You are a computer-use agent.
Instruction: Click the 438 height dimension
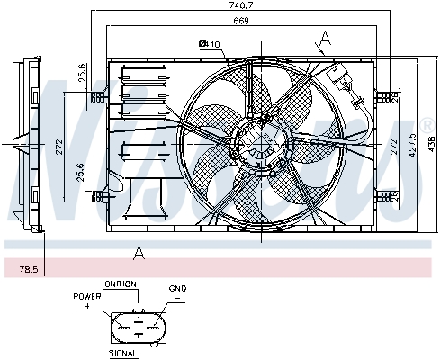pos(431,143)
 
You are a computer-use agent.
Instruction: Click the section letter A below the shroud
pos(139,252)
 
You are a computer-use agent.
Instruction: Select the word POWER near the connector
pos(88,294)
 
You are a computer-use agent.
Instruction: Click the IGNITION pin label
pos(119,283)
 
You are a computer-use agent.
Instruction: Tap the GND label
pos(177,288)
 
